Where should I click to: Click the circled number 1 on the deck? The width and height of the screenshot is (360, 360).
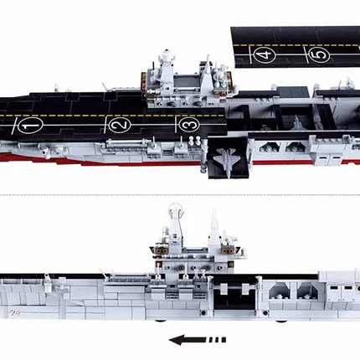30,126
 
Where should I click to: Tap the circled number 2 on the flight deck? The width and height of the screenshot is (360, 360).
120,125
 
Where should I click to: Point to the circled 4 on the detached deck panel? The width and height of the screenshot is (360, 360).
265,54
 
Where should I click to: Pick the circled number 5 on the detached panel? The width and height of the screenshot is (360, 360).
318,54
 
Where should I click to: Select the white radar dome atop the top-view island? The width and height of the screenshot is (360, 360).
167,52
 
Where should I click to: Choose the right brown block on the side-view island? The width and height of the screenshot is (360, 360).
228,250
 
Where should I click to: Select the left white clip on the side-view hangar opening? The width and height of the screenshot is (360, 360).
224,289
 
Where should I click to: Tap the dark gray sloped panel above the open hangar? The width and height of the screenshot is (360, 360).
296,91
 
